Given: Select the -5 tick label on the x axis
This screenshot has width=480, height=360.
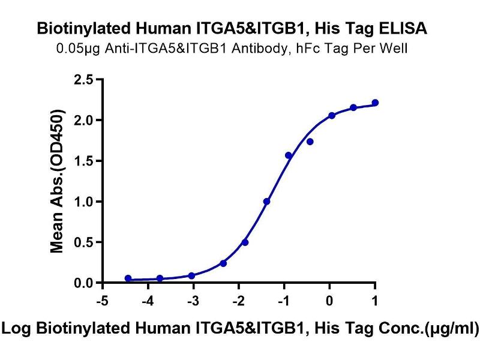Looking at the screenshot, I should [102, 298].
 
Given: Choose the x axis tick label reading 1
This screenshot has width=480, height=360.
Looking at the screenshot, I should [375, 298].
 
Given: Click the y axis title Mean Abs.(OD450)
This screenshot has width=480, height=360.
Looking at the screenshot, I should [58, 181].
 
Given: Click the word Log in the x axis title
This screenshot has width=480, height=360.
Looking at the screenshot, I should [18, 328].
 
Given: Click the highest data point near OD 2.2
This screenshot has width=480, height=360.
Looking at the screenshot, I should [375, 103].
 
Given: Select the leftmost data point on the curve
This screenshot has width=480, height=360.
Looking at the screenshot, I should [128, 278].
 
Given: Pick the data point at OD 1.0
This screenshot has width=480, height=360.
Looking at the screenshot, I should [266, 202].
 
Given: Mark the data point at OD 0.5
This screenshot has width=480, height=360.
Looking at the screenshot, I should [245, 242].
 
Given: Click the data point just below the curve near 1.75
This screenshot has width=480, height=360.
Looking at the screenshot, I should [310, 142].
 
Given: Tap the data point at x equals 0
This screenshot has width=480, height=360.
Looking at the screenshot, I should [331, 115].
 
